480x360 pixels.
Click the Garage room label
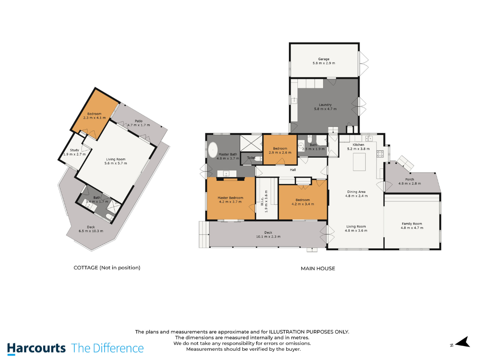[324, 59]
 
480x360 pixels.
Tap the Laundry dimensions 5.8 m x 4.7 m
[325, 109]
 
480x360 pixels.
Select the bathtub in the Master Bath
[213, 150]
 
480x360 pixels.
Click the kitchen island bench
[360, 162]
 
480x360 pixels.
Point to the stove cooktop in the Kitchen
[380, 154]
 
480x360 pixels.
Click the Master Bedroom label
[231, 198]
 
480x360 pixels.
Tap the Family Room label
[412, 224]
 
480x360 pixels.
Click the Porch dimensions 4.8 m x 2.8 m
[410, 184]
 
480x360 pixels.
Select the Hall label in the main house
[293, 170]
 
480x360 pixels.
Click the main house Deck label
[268, 232]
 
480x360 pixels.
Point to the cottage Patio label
[139, 121]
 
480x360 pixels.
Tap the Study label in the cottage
[74, 150]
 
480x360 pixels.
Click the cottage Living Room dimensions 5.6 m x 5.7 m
[116, 163]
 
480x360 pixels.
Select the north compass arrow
[463, 342]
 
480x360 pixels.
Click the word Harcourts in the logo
[36, 348]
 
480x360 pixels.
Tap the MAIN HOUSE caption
[318, 268]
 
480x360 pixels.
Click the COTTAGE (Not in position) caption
[107, 268]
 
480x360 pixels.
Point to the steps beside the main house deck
[204, 235]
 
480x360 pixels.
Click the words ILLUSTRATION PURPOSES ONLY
[309, 332]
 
